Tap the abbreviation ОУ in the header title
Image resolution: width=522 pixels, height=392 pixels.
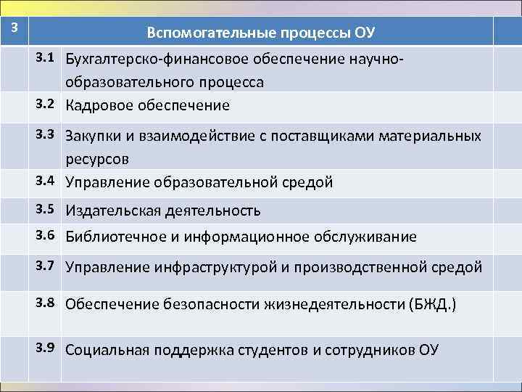click(x=365, y=33)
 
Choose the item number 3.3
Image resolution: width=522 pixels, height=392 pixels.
click(x=48, y=134)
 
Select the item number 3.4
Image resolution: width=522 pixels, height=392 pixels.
click(x=48, y=181)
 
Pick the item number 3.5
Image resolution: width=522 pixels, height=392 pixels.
click(x=48, y=211)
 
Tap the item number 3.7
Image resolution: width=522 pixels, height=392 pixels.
click(x=48, y=266)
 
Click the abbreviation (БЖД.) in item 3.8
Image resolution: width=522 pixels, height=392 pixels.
click(x=429, y=304)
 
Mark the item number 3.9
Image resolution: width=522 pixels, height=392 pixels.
click(x=48, y=348)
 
